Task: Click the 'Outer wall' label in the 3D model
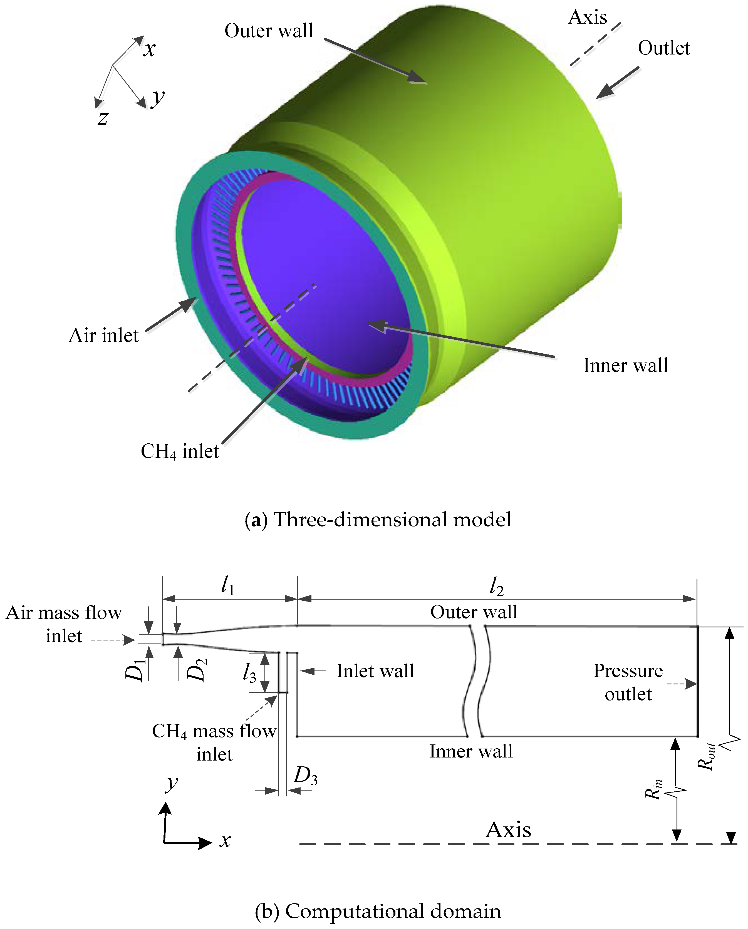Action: pos(269,31)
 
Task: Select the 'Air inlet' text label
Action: pos(103,335)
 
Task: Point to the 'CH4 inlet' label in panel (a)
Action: pos(180,451)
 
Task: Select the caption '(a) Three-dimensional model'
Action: pos(378,519)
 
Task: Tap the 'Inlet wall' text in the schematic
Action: pos(375,671)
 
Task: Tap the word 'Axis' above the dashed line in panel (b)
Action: pos(508,829)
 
